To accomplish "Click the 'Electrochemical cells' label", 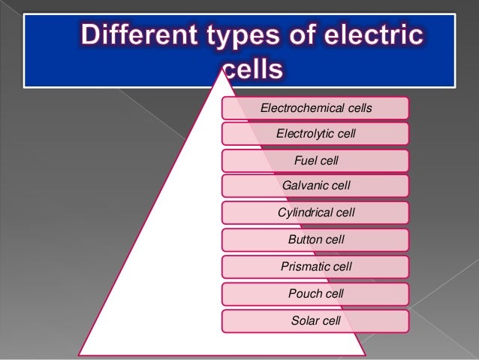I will tap(315, 108).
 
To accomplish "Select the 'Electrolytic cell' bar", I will tap(315, 134).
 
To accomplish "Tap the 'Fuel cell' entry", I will tap(315, 160).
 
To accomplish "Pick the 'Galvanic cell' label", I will tap(315, 185).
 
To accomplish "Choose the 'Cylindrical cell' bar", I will tap(315, 213).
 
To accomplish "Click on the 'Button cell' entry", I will tap(315, 240).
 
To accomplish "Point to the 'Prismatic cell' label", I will tap(315, 266).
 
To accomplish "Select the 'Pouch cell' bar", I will tap(315, 293).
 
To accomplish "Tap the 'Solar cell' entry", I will tap(315, 321).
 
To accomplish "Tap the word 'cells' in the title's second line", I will tap(253, 71).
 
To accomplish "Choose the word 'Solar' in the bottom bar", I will tap(305, 321).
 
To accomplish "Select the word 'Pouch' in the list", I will tap(304, 293).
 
